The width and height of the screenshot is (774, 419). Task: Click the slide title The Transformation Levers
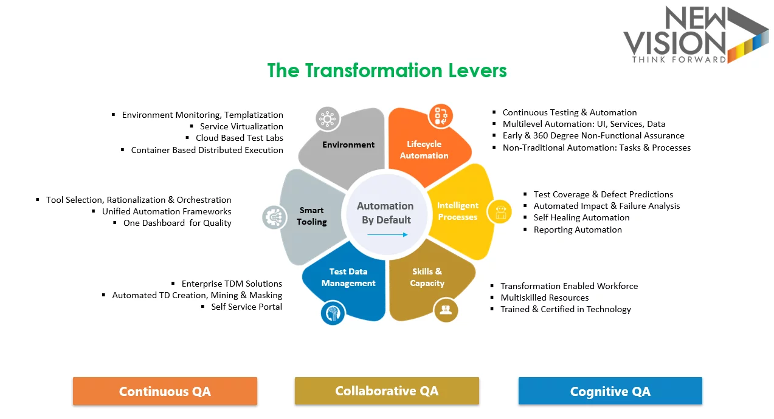coord(387,70)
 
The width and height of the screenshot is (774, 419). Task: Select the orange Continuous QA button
coord(165,391)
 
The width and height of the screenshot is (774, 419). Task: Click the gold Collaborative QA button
coord(387,390)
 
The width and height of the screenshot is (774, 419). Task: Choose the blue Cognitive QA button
coord(610,391)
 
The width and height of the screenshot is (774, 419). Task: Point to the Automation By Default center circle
coord(385,213)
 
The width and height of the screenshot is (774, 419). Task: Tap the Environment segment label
coord(348,145)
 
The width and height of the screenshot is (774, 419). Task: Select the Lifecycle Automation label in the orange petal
coord(424,149)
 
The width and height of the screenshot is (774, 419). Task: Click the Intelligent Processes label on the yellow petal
coord(457,211)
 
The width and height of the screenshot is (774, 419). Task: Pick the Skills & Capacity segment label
coord(427,277)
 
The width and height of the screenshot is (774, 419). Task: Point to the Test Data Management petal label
coord(348,277)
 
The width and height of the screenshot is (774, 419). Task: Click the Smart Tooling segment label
coord(311,216)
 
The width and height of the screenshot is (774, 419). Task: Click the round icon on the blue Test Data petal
coord(333,313)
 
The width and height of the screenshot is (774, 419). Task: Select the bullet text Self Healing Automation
coord(581,217)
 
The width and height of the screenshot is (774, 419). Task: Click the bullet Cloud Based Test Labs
coord(239,138)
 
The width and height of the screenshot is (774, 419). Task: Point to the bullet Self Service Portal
coord(246,307)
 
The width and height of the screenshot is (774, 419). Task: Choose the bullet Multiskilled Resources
coord(544,298)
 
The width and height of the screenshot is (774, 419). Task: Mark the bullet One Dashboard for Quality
coord(177,223)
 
